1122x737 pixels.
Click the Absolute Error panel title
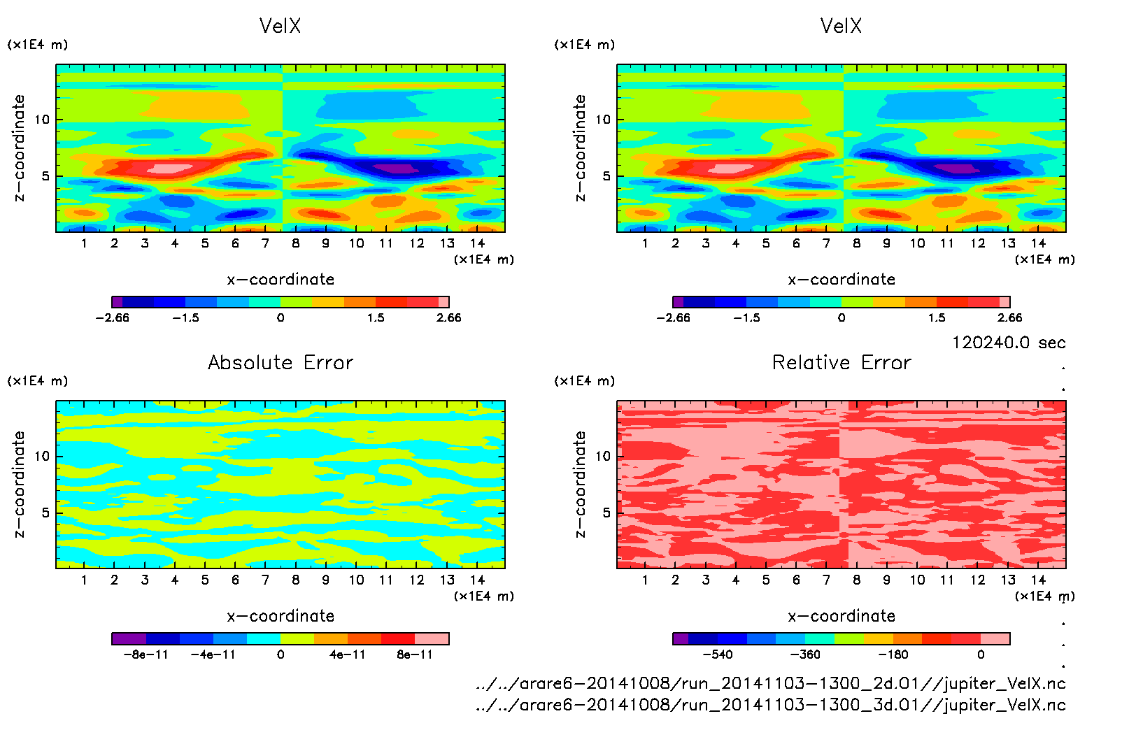click(280, 362)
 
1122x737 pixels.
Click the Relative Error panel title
click(841, 362)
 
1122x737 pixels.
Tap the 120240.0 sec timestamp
click(1009, 343)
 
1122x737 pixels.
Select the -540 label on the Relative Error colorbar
click(717, 654)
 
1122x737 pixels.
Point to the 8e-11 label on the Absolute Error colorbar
click(415, 654)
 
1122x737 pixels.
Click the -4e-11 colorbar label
click(213, 654)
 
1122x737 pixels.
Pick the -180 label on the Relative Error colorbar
click(893, 654)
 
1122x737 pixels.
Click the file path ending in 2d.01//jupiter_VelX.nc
click(770, 683)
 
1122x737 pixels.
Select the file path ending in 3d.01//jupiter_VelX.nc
click(770, 704)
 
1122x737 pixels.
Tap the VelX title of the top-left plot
click(280, 26)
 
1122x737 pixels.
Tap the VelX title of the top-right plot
click(841, 26)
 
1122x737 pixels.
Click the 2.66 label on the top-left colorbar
click(448, 317)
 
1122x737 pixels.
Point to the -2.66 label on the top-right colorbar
click(673, 317)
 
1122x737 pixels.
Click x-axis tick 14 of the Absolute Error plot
click(477, 580)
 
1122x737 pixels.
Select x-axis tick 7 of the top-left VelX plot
click(265, 243)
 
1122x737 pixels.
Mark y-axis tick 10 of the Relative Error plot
click(602, 456)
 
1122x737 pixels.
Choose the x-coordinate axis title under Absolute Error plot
click(280, 616)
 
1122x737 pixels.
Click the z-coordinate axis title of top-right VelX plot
click(580, 148)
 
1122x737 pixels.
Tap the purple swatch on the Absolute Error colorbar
click(129, 638)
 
